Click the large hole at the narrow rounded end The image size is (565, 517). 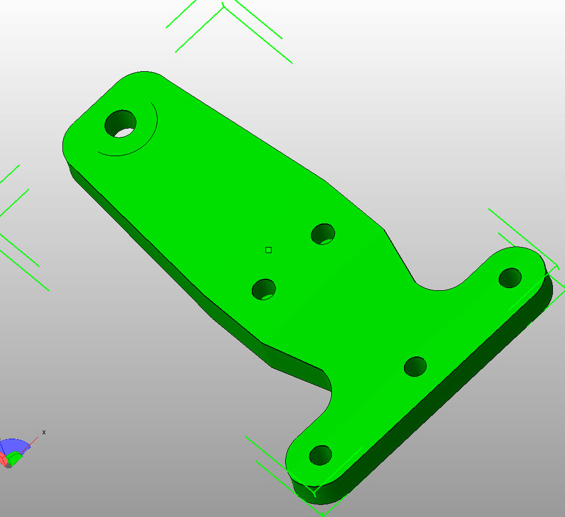(x=120, y=124)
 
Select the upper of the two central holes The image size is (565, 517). (x=323, y=234)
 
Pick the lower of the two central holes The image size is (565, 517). (x=264, y=289)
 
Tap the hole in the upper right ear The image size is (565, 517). (x=510, y=277)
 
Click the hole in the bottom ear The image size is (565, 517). (x=320, y=455)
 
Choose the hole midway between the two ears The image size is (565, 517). (x=415, y=366)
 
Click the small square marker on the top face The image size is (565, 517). (x=269, y=250)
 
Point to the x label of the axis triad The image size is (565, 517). (x=44, y=432)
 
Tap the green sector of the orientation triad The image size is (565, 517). (x=15, y=457)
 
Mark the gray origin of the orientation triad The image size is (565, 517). (x=8, y=466)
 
